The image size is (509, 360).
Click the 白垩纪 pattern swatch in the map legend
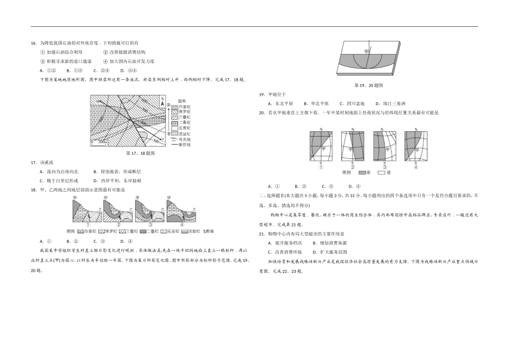tap(174, 107)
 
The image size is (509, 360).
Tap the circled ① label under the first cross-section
tap(87, 225)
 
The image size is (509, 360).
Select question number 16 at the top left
tap(33, 43)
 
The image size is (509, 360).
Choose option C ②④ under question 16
tap(101, 70)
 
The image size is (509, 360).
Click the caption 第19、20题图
tap(369, 85)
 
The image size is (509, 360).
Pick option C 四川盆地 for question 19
tap(351, 103)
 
